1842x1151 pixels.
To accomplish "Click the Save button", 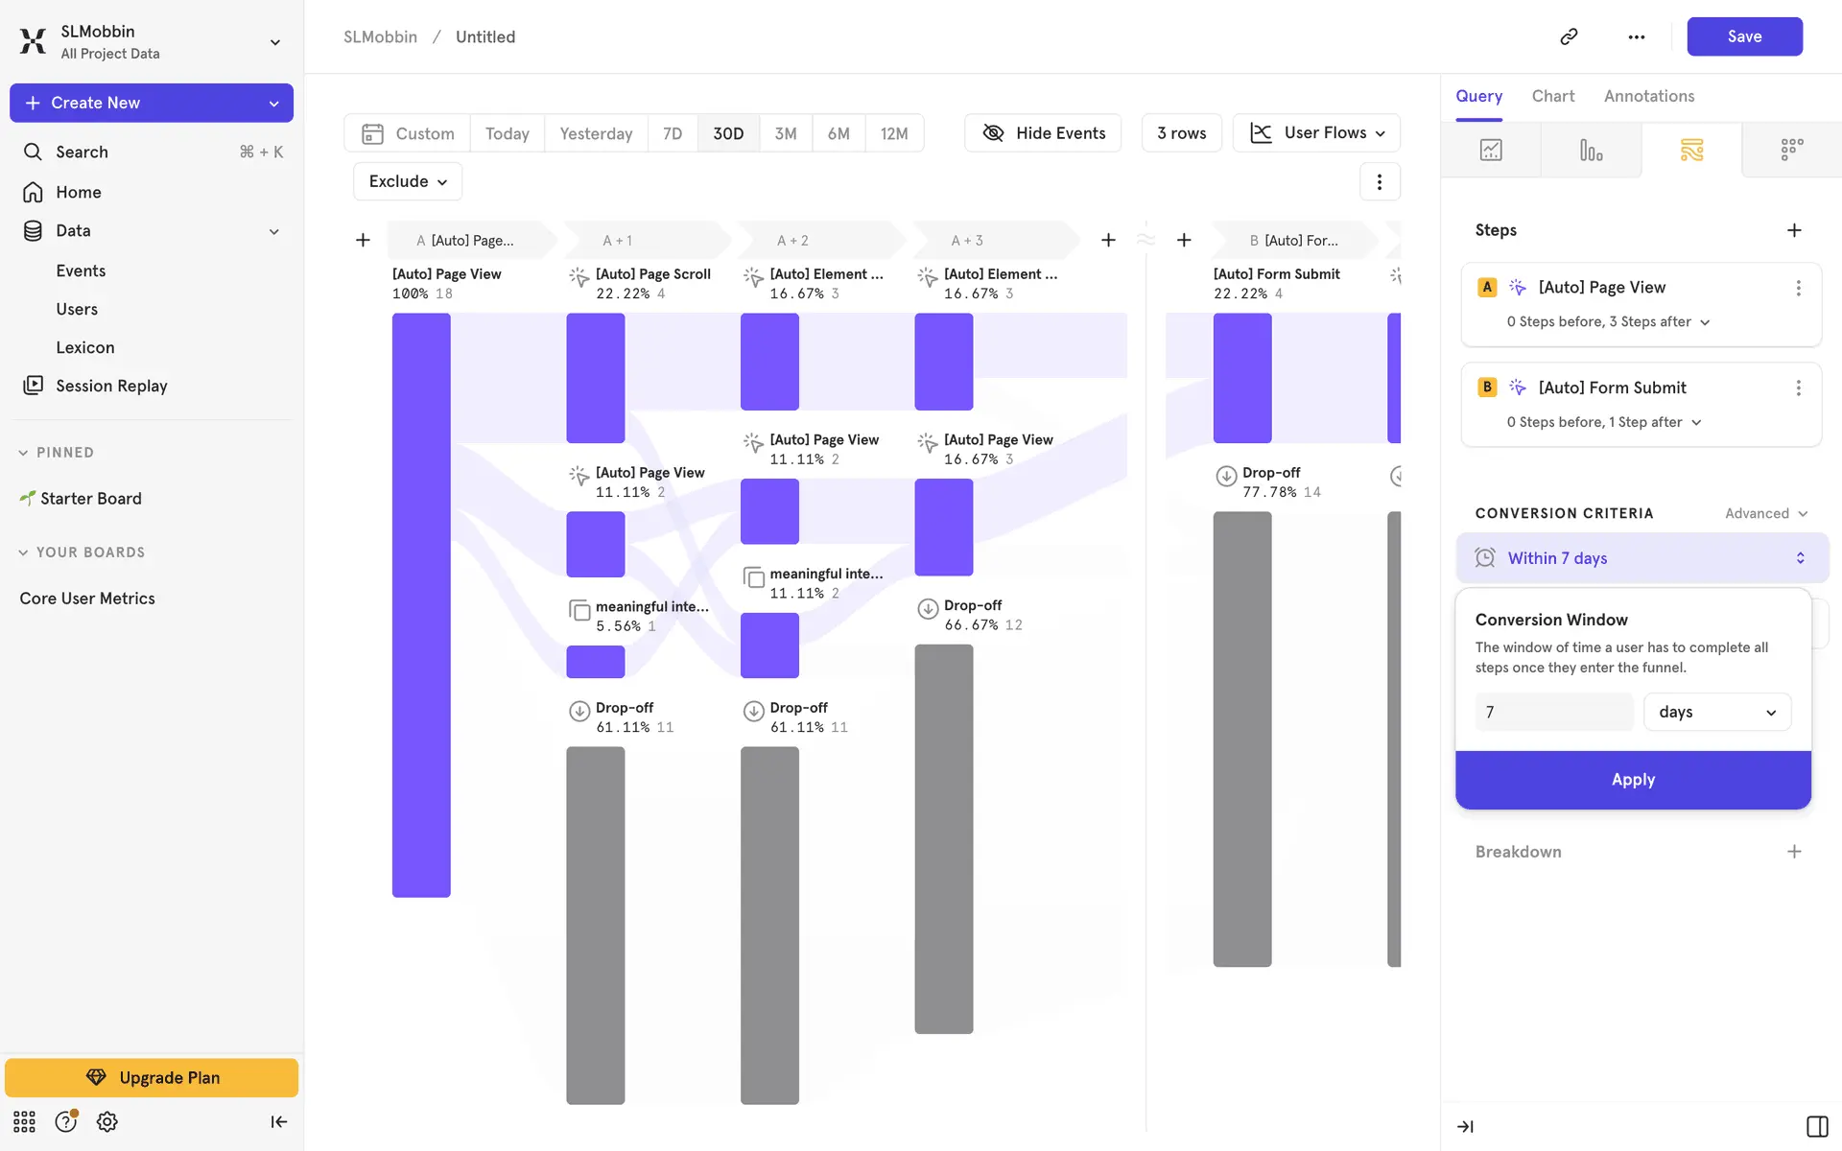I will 1744,36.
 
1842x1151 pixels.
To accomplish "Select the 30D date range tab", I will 728,133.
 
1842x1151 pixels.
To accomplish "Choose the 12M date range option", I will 893,133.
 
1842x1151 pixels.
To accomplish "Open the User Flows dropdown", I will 1316,133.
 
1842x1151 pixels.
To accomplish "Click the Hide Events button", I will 1043,133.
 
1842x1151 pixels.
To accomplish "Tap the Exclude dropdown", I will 408,181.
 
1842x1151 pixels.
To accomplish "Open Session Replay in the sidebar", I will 111,386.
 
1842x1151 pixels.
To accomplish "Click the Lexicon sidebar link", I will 85,347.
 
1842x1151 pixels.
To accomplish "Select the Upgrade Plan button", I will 152,1077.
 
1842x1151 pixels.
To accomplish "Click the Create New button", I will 152,103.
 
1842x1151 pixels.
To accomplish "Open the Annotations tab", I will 1648,96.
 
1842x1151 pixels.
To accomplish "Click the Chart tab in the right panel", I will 1552,96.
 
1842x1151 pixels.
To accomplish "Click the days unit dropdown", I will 1716,712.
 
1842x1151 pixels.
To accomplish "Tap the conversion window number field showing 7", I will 1553,712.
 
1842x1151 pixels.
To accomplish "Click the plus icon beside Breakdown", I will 1794,852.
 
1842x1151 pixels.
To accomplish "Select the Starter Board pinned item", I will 90,499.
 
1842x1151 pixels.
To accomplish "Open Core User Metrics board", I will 87,599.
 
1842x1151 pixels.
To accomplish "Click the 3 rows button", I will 1181,133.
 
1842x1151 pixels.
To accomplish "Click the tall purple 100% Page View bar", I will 421,604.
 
